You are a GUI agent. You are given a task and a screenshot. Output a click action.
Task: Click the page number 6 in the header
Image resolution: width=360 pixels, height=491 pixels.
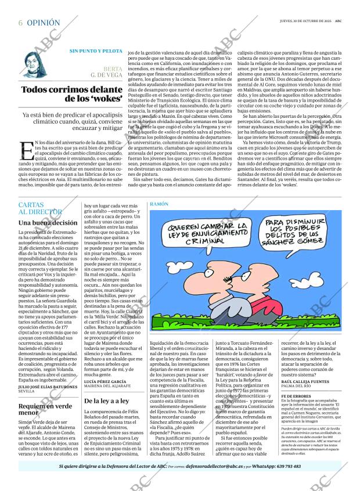pos(21,23)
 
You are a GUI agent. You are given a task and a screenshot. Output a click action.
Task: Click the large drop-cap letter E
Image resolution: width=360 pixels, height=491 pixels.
pos(26,151)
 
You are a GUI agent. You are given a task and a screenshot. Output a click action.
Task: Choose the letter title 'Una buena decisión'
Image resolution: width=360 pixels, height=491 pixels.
pos(48,222)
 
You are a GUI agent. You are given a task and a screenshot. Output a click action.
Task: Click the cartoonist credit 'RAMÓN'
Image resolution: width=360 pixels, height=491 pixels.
pos(159,205)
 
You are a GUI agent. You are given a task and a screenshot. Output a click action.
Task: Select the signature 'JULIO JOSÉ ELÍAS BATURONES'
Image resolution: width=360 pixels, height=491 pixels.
pos(47,387)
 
